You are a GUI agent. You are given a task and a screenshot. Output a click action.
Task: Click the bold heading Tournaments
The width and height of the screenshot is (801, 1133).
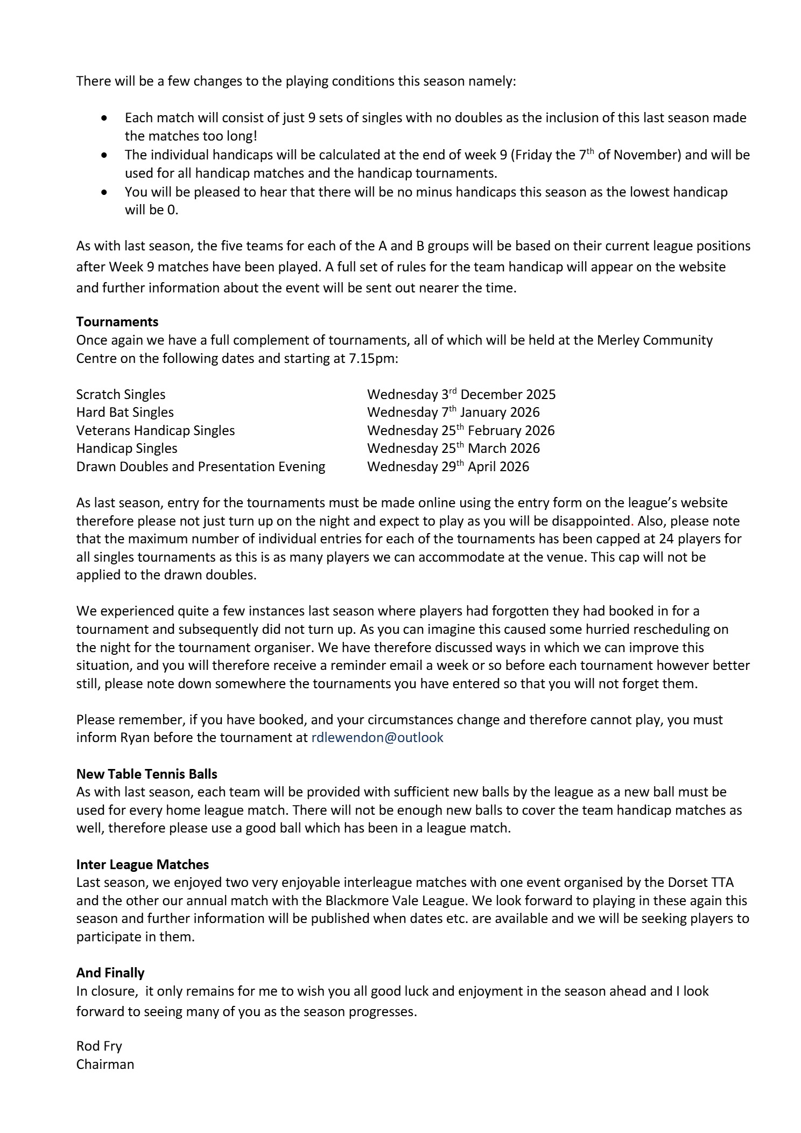pyautogui.click(x=117, y=321)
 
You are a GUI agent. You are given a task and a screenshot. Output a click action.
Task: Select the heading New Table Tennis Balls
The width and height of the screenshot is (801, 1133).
pyautogui.click(x=146, y=774)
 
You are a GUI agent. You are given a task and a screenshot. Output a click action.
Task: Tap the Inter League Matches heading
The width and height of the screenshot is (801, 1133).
pyautogui.click(x=142, y=864)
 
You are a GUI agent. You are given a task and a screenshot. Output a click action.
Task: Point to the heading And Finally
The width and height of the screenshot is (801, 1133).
pyautogui.click(x=110, y=973)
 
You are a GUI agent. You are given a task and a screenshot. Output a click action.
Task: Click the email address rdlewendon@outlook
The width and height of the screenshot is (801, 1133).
pyautogui.click(x=377, y=737)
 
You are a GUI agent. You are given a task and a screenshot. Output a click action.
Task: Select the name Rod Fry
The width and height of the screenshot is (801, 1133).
pyautogui.click(x=99, y=1046)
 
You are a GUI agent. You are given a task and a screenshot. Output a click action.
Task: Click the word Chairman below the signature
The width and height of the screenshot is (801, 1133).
pyautogui.click(x=105, y=1064)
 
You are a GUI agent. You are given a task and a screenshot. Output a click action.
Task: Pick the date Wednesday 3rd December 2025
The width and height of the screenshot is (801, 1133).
pyautogui.click(x=461, y=394)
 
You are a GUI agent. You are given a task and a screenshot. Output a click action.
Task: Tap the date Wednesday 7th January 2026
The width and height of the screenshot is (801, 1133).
pyautogui.click(x=453, y=412)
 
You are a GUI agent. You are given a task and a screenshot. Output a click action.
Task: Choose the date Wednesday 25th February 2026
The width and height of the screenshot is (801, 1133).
pyautogui.click(x=460, y=430)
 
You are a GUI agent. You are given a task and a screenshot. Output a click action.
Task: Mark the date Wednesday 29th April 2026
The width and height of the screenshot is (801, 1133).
pyautogui.click(x=448, y=466)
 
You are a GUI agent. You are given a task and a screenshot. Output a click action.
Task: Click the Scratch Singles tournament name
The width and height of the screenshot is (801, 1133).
pyautogui.click(x=121, y=394)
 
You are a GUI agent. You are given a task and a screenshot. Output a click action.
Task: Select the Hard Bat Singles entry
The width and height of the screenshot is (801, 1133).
pyautogui.click(x=125, y=412)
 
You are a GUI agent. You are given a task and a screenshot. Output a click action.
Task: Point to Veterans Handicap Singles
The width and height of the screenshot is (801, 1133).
pyautogui.click(x=156, y=430)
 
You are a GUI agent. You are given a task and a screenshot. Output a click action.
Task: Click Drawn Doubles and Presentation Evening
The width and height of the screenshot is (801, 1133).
pyautogui.click(x=200, y=466)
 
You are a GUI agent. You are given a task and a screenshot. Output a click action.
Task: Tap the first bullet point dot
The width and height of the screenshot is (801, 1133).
pyautogui.click(x=104, y=118)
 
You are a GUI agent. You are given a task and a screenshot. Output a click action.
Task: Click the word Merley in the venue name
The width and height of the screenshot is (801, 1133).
pyautogui.click(x=614, y=340)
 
